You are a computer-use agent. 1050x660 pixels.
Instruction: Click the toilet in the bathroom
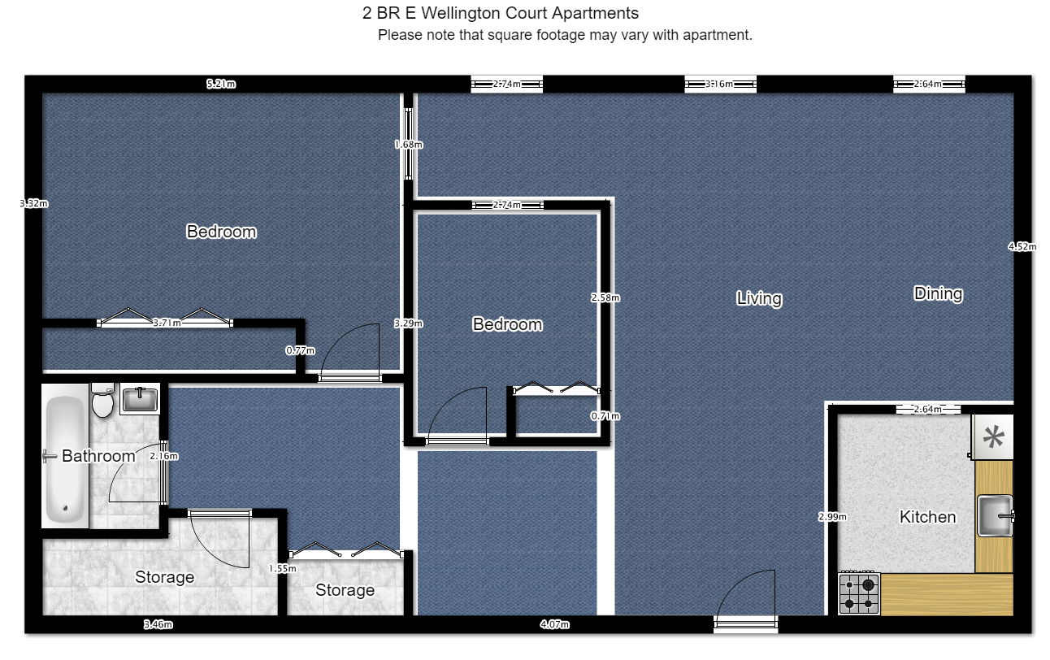click(102, 401)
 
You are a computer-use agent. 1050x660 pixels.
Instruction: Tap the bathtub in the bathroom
click(65, 459)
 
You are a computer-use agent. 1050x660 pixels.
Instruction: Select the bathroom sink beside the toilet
click(140, 399)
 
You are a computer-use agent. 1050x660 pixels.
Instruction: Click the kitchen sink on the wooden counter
click(994, 515)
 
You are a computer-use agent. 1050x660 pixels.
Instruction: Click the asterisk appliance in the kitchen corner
click(992, 437)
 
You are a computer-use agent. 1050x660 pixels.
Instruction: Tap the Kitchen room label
click(927, 517)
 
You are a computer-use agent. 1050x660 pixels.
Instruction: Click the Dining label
click(938, 293)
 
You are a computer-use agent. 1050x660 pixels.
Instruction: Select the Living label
click(759, 298)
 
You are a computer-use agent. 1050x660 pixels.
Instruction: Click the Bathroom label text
click(98, 456)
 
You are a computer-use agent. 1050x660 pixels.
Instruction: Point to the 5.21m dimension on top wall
click(220, 84)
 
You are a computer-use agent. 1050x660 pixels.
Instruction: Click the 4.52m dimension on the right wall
click(1022, 247)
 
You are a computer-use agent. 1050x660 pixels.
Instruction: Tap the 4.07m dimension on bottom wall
click(554, 625)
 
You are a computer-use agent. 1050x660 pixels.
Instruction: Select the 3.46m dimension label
click(158, 625)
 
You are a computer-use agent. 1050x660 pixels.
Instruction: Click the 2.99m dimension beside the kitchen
click(832, 516)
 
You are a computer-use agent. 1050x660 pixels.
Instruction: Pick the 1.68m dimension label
click(408, 145)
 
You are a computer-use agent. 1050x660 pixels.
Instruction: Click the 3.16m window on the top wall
click(720, 84)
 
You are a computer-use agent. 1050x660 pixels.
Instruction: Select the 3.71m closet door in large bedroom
click(166, 323)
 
